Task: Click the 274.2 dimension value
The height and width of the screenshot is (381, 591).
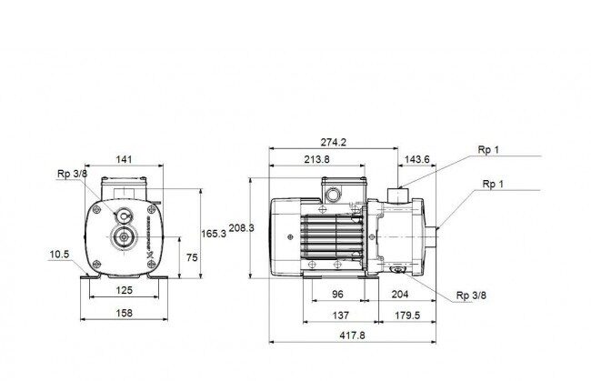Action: point(333,142)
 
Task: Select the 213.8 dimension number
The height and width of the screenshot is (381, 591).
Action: point(316,159)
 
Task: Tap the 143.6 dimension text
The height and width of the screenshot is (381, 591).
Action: point(416,159)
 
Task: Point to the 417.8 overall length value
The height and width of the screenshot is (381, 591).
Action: point(353,335)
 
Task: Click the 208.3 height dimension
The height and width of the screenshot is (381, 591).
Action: point(242,228)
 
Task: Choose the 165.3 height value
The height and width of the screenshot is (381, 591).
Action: point(214,234)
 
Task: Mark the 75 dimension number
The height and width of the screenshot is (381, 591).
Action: point(192,257)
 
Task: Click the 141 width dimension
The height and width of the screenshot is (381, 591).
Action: point(124,159)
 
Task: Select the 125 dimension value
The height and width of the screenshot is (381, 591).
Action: point(124,290)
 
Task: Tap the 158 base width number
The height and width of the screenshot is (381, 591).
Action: point(124,313)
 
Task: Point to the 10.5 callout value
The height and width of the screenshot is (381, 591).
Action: point(59,255)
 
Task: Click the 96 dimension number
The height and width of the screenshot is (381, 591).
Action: point(337,294)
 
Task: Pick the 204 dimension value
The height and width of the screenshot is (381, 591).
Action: point(400,294)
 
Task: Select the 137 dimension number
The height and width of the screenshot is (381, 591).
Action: point(340,315)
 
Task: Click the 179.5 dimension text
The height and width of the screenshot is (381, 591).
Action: point(407,315)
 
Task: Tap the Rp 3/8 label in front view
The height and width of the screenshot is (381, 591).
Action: point(72,174)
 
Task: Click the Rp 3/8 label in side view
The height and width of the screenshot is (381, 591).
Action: point(471,296)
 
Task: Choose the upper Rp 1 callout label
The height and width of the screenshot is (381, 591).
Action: point(488,149)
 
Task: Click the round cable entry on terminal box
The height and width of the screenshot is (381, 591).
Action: point(334,195)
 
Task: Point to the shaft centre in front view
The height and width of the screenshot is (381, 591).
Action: point(124,236)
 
